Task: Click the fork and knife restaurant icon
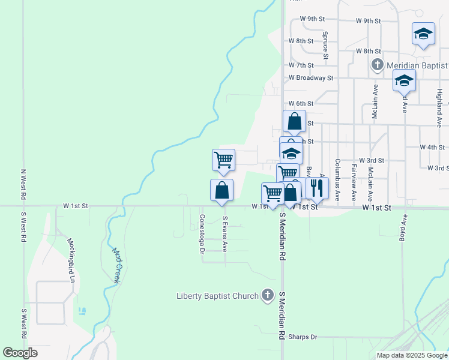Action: (317, 188)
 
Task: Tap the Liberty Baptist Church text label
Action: (217, 295)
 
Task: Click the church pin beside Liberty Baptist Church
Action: (268, 295)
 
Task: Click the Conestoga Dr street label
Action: (202, 234)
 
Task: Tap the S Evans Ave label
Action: (225, 234)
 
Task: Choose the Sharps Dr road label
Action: (302, 337)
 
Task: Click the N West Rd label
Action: (23, 184)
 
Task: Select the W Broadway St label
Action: (310, 78)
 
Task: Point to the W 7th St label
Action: (301, 65)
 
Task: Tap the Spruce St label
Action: (325, 46)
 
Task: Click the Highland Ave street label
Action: (439, 102)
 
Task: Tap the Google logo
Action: (20, 353)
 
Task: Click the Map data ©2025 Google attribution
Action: (411, 355)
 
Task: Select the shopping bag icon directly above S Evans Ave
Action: (222, 190)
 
